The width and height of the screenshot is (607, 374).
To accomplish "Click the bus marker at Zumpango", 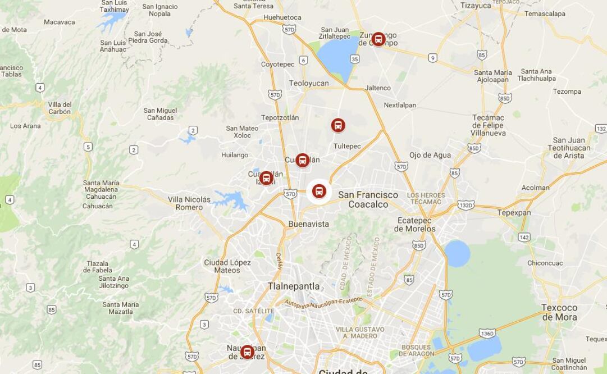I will tap(378, 39).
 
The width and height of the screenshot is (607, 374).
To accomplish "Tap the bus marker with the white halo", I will tap(319, 191).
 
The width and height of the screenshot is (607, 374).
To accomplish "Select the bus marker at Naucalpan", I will tap(247, 352).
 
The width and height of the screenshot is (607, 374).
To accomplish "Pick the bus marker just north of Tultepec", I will tap(337, 125).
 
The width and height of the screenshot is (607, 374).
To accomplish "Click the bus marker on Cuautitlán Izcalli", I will tap(266, 178).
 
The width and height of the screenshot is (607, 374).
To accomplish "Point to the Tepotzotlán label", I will tap(280, 117).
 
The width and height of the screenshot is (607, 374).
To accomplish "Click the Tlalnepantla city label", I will tap(293, 286).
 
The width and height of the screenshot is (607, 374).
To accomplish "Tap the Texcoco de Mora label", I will tap(559, 312).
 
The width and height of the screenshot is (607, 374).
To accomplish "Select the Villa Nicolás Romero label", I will tap(189, 203).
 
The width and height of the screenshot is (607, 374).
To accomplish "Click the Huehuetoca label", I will tap(282, 17).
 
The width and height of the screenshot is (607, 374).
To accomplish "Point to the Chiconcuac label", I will tap(545, 263).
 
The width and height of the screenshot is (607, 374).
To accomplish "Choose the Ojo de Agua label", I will tap(430, 155).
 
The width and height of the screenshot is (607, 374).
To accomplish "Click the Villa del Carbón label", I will tap(60, 108).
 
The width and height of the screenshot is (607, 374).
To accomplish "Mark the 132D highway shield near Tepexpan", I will tap(465, 206).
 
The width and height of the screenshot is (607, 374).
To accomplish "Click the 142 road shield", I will tap(524, 238).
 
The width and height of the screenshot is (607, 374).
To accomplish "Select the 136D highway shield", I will tap(487, 334).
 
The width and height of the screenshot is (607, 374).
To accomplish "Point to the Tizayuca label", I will tap(476, 6).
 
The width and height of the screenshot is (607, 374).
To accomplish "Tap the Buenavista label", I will tap(308, 224).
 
